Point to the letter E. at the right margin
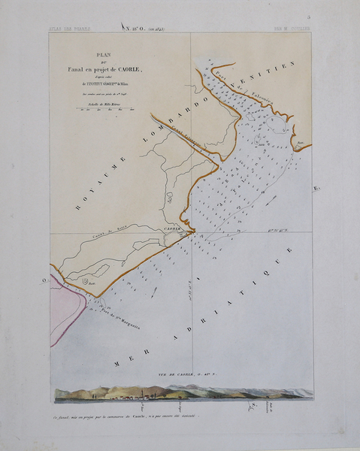(x=316, y=187)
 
